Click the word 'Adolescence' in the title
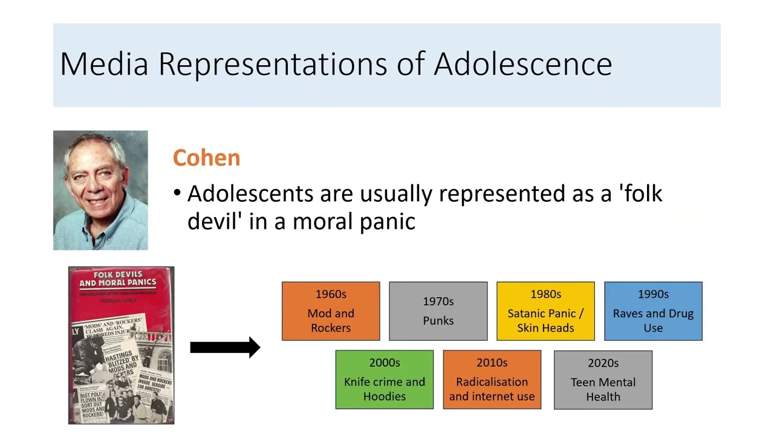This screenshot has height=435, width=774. tap(522, 64)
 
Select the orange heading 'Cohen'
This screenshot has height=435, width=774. tap(206, 158)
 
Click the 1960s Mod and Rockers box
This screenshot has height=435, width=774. tap(331, 311)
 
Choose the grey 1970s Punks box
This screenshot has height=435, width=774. tap(438, 311)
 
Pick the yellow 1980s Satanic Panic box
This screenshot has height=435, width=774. tap(545, 311)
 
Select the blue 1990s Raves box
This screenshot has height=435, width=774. tap(653, 311)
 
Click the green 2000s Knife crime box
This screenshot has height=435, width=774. tap(385, 380)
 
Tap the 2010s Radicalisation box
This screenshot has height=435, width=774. tap(492, 380)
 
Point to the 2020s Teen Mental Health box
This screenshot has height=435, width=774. tap(603, 380)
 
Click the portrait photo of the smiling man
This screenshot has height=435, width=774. tap(100, 190)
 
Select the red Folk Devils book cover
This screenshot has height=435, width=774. tap(121, 345)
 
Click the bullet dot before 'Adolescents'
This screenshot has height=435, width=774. tap(177, 194)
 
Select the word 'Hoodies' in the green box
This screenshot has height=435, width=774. tap(385, 396)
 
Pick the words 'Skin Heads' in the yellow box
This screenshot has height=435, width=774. tap(545, 328)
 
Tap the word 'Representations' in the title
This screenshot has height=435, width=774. tap(272, 64)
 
